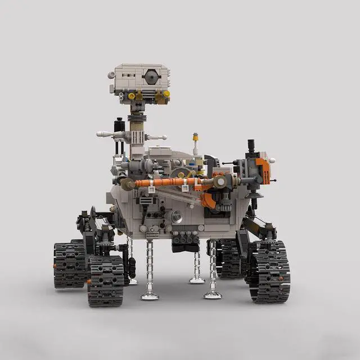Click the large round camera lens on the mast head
click(150, 75)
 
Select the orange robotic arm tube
click(169, 182)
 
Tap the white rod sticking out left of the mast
click(106, 134)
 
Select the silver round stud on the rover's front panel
click(176, 215)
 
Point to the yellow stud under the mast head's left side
click(132, 96)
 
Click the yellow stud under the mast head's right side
click(166, 94)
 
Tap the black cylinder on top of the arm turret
click(251, 146)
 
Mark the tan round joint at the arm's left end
click(129, 183)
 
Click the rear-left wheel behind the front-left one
click(69, 264)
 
